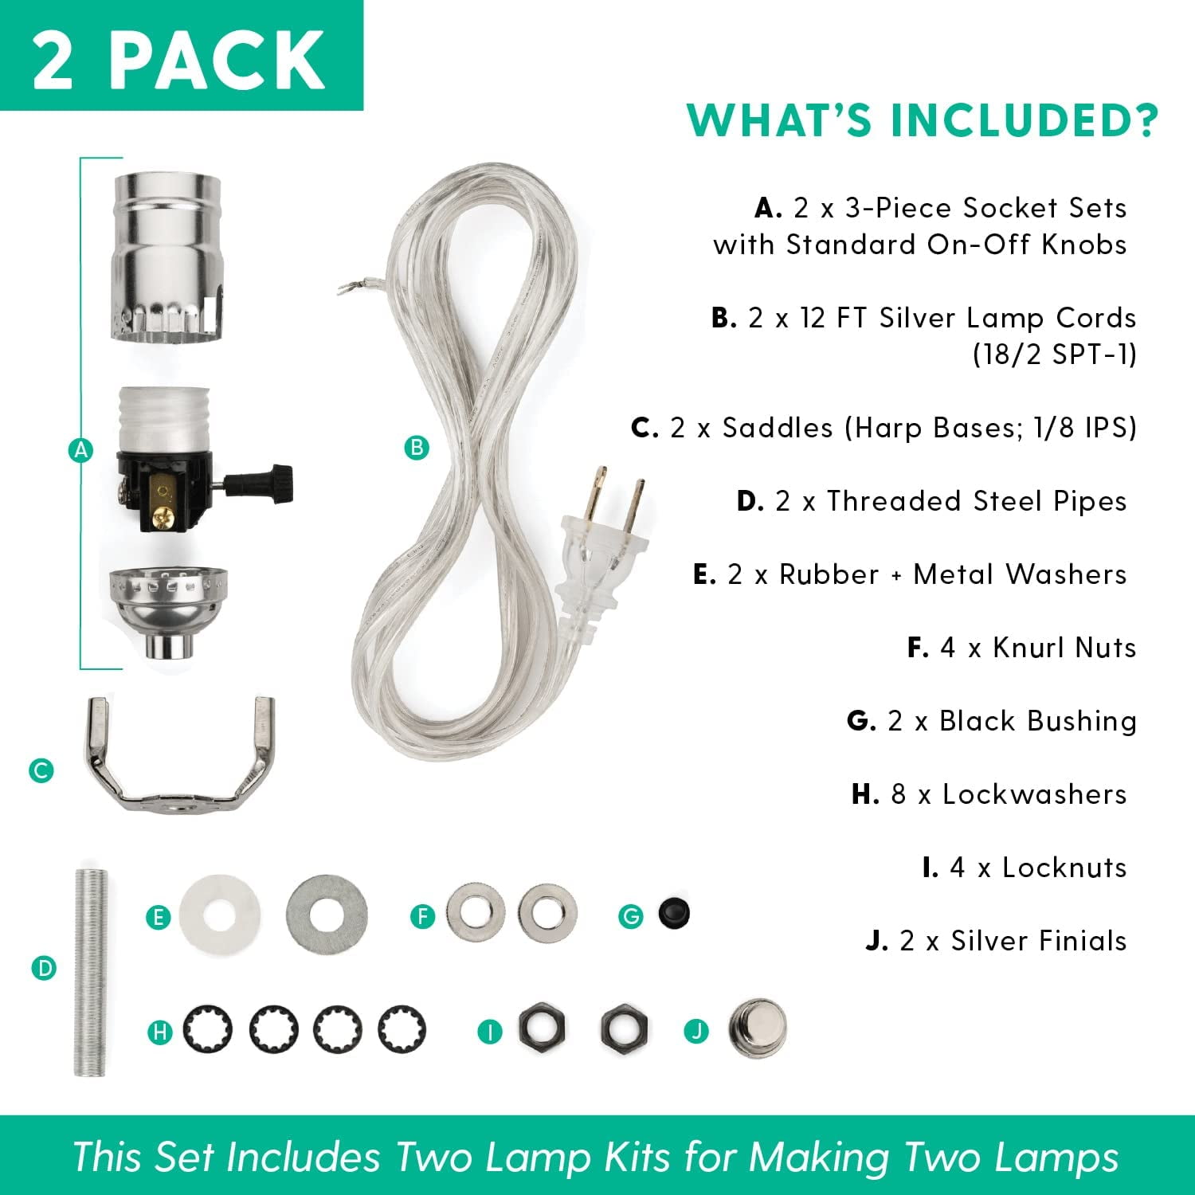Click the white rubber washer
click(x=219, y=914)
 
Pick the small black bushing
click(x=674, y=915)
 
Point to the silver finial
click(x=756, y=1027)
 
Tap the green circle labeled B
click(x=416, y=447)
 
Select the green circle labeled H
click(x=160, y=1032)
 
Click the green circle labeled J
click(x=696, y=1032)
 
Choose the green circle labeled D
click(x=44, y=969)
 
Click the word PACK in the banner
click(x=217, y=59)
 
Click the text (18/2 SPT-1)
click(x=1054, y=354)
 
